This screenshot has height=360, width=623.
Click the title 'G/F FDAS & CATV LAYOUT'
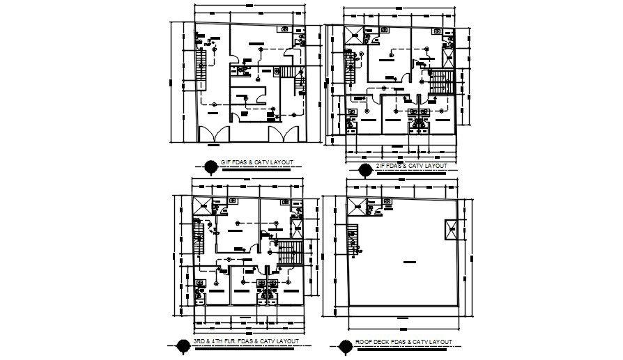[x=256, y=163]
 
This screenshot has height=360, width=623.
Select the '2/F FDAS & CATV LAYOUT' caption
[x=410, y=166]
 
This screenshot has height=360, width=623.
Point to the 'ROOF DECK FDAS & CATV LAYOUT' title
[x=403, y=341]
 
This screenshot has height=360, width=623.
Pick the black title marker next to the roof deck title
[x=344, y=343]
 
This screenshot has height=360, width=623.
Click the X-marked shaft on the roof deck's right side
[x=449, y=229]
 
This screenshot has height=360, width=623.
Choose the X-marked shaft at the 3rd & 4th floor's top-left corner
[x=201, y=206]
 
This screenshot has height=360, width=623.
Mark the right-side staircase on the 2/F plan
[x=440, y=82]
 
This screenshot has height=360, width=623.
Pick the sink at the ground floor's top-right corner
[x=285, y=29]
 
